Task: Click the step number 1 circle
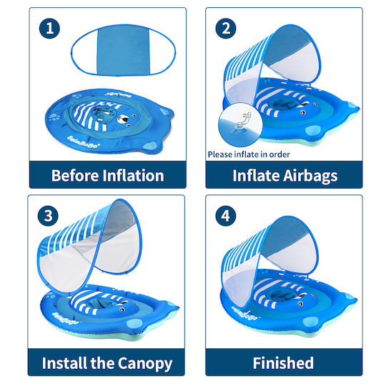(x=49, y=29)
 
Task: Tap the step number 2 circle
(x=226, y=29)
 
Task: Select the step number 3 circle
(x=48, y=216)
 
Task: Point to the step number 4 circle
(x=226, y=216)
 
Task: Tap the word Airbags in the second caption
(x=310, y=177)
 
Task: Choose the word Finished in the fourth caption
(x=283, y=363)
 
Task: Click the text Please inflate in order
(x=249, y=154)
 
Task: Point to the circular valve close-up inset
(x=240, y=125)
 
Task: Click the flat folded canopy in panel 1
(x=124, y=50)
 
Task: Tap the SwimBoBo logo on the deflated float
(x=84, y=142)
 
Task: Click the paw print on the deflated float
(x=54, y=117)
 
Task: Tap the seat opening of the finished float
(x=280, y=295)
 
